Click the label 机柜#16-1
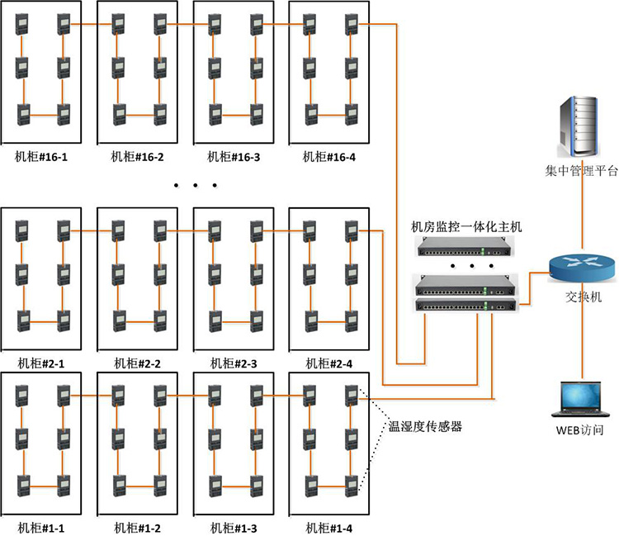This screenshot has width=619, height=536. [41, 156]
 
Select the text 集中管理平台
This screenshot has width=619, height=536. [581, 172]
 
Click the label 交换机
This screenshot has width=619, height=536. [583, 296]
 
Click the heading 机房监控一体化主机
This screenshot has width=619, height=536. [466, 225]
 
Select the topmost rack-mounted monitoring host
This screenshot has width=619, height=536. [465, 245]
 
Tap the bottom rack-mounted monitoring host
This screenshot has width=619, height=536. [465, 306]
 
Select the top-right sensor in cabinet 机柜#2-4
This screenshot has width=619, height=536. [350, 230]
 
